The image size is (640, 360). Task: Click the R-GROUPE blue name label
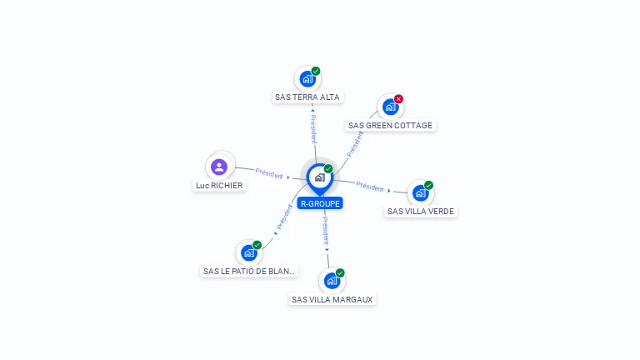point(320,202)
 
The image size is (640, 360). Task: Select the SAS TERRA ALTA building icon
point(307,79)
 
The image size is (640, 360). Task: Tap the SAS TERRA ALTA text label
point(307,97)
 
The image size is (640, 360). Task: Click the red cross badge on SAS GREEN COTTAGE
point(398,99)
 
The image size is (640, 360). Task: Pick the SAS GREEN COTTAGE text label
point(390,125)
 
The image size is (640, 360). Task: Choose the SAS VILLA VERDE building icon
point(420,192)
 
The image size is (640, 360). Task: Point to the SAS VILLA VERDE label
point(421,211)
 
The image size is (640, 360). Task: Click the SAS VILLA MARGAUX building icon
point(332,281)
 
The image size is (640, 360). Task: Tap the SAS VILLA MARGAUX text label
point(332,299)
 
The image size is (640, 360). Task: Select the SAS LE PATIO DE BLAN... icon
point(248,252)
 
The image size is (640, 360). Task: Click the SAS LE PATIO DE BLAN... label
point(249,271)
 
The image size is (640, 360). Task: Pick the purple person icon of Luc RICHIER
point(219,167)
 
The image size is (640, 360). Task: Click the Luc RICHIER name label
point(219,185)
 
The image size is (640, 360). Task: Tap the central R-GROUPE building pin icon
point(319,177)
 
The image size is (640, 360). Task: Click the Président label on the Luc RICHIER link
point(269,172)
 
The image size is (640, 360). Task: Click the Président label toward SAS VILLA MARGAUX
point(326,229)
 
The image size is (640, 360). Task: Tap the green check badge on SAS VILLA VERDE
point(428,185)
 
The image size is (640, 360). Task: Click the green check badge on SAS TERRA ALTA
point(316,72)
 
